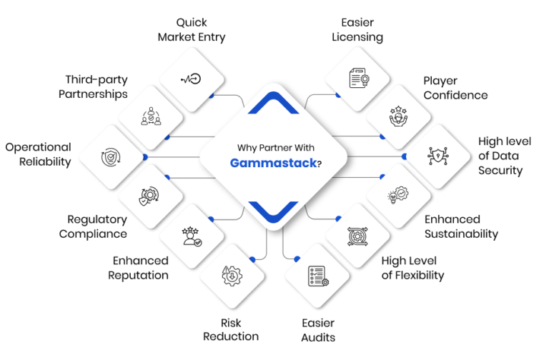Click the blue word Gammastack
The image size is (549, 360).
pyautogui.click(x=273, y=163)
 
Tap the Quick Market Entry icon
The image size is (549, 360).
pyautogui.click(x=191, y=79)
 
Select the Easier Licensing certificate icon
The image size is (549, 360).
pyautogui.click(x=359, y=78)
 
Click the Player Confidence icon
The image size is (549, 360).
pyautogui.click(x=398, y=116)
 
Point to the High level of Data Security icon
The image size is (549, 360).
pyautogui.click(x=438, y=156)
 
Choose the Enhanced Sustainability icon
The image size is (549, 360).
pyautogui.click(x=398, y=195)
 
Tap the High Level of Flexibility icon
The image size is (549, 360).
pyautogui.click(x=357, y=236)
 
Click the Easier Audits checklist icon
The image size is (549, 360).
pyautogui.click(x=318, y=276)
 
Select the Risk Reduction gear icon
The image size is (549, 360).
pyautogui.click(x=232, y=276)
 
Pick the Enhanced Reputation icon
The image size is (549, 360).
pyautogui.click(x=192, y=236)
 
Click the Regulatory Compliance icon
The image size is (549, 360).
pyautogui.click(x=149, y=196)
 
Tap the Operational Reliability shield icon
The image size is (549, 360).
pyautogui.click(x=111, y=157)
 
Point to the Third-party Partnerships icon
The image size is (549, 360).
pyautogui.click(x=151, y=116)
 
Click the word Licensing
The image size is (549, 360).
pyautogui.click(x=357, y=37)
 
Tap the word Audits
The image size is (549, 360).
pyautogui.click(x=318, y=337)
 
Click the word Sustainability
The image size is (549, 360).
pyautogui.click(x=461, y=234)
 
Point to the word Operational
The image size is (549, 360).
pyautogui.click(x=38, y=147)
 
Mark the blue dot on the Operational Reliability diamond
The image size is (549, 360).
pyautogui.click(x=145, y=157)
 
